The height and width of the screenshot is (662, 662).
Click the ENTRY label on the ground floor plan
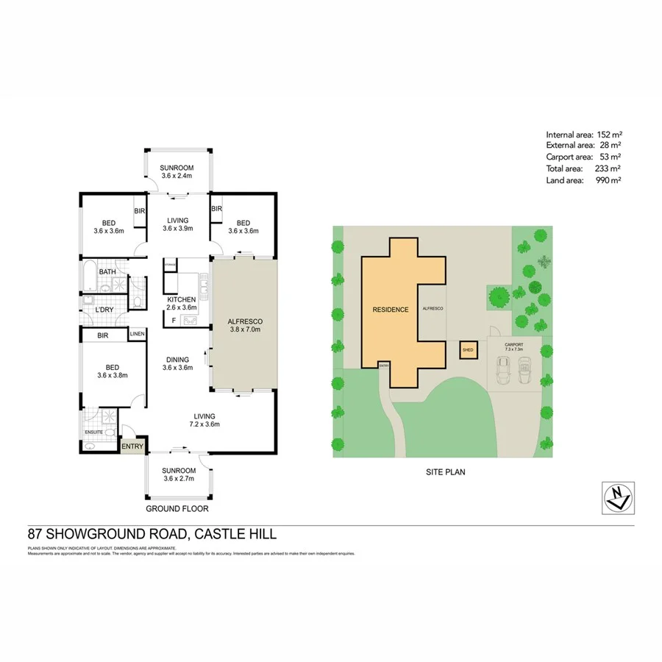[x=132, y=446]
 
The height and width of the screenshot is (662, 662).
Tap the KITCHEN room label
[x=181, y=299]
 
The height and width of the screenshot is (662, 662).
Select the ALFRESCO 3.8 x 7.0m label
[x=245, y=326]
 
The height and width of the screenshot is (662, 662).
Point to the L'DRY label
[x=104, y=310]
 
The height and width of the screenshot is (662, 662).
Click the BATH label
[x=108, y=271]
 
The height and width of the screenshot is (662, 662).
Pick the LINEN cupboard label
[x=137, y=335]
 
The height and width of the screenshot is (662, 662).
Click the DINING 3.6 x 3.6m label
[x=177, y=363]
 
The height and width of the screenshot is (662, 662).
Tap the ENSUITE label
[x=93, y=433]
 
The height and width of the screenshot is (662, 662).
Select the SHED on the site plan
[x=468, y=351]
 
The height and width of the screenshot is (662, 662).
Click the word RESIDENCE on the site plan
[x=390, y=310]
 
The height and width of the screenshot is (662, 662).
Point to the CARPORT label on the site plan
[x=514, y=346]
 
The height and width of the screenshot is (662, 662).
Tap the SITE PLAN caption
[x=446, y=472]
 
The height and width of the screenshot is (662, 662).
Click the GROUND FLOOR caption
[x=177, y=508]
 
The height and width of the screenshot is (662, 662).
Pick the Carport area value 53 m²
[x=610, y=157]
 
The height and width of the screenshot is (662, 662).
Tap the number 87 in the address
[x=34, y=535]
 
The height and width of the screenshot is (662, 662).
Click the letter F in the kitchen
[x=174, y=321]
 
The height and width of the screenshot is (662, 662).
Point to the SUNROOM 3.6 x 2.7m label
[x=179, y=474]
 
